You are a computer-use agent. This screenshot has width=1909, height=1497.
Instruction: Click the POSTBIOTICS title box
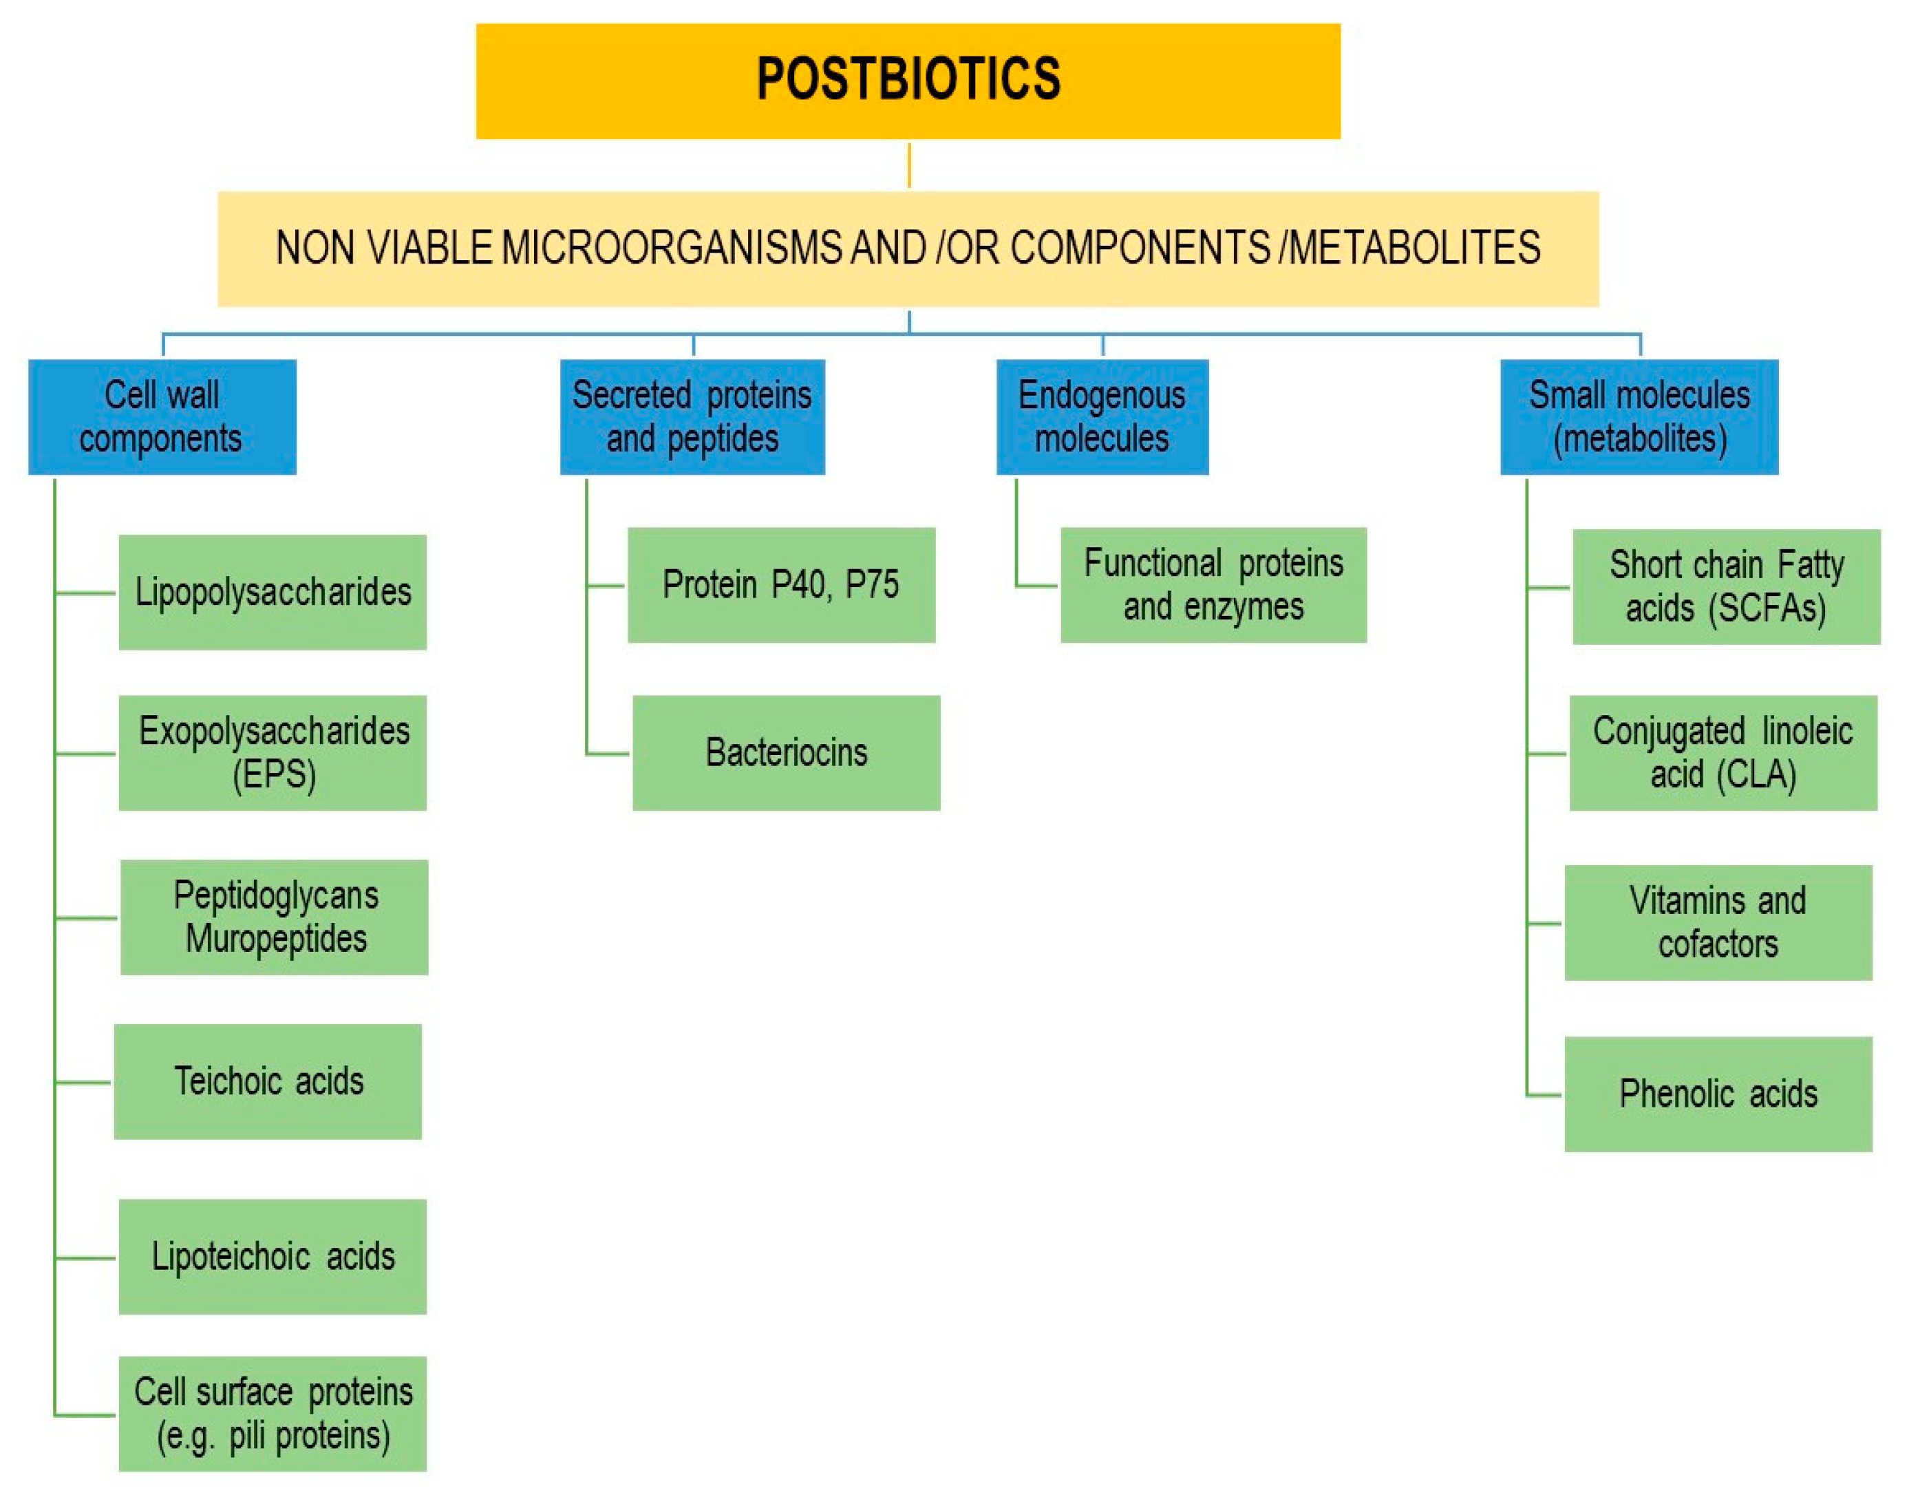908,81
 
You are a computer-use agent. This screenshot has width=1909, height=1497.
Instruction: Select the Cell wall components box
162,416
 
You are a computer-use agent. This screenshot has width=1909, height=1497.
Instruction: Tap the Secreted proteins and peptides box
692,416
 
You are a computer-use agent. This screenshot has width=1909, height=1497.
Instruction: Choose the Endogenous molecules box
1102,416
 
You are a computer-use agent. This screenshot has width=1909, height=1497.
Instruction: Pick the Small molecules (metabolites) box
1639,416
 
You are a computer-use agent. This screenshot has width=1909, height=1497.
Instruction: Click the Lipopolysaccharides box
273,592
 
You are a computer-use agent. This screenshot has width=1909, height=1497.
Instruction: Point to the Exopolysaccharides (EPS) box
273,752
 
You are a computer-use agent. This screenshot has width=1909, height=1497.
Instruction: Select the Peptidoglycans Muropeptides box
274,917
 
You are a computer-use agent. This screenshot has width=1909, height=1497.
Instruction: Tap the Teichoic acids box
268,1081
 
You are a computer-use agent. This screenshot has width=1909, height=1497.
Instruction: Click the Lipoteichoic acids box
273,1256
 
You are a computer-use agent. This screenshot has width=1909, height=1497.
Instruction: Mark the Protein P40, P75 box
780,584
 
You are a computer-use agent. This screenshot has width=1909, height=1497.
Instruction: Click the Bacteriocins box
786,752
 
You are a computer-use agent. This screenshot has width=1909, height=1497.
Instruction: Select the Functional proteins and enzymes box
1213,584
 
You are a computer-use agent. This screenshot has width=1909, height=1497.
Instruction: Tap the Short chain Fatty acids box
1726,586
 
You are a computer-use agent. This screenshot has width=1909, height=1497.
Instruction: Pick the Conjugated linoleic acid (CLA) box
1723,752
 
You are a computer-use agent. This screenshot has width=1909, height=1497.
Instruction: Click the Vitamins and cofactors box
1718,922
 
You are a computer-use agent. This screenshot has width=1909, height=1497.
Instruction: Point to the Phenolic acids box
1718,1094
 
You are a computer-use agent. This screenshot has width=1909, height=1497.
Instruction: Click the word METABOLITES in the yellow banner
1415,248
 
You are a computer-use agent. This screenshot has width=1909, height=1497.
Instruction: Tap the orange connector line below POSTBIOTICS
908,164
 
